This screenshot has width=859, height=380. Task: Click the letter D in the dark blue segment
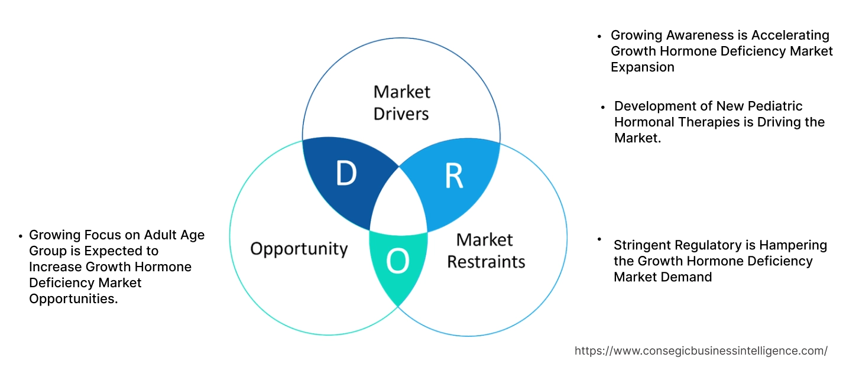coord(346,174)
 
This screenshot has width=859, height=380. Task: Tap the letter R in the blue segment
coord(453,176)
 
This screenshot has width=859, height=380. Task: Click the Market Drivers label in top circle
coord(401,102)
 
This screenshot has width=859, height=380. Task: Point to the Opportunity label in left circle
coord(299,248)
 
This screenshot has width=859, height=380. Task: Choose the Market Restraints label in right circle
coord(485,251)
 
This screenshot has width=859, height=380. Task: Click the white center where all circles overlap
coord(399,204)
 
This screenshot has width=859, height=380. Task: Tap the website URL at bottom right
coord(701,350)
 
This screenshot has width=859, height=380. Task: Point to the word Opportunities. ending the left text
coord(73,298)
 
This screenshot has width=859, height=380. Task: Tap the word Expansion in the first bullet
coord(642,67)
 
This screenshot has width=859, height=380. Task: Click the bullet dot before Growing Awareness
coord(600,35)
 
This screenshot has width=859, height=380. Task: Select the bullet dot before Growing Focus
coord(21,235)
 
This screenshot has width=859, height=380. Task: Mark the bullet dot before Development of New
coord(603,107)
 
